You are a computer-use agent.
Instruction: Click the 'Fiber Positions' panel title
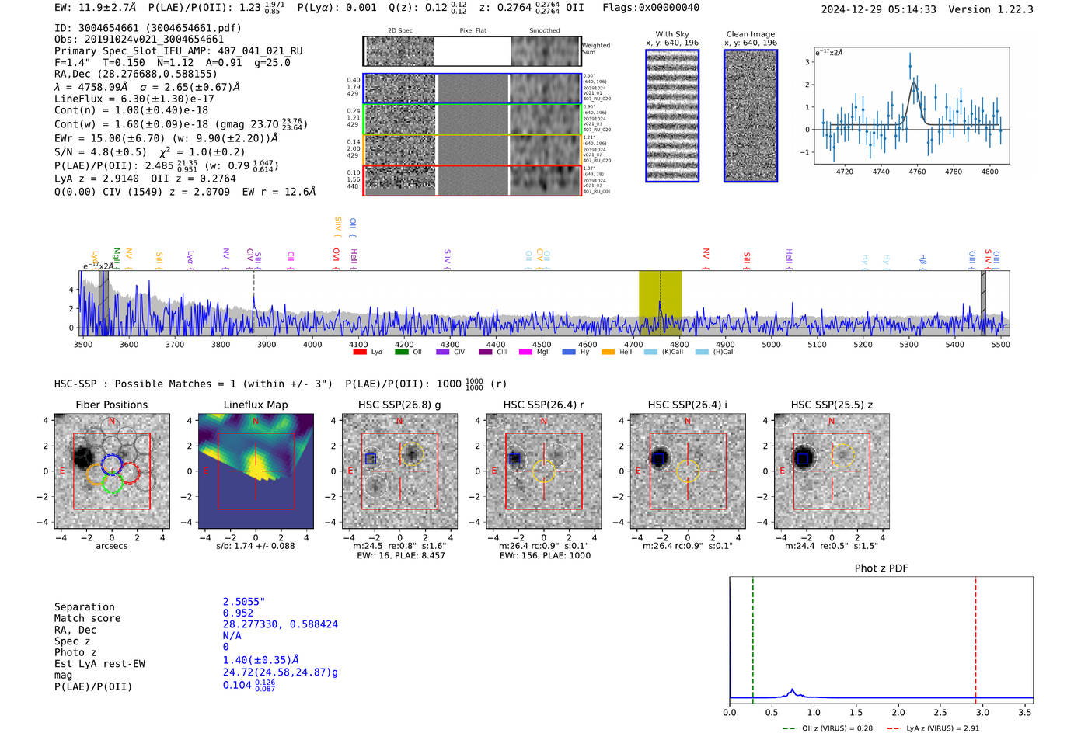pos(111,405)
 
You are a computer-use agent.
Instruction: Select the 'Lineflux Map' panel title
pos(255,405)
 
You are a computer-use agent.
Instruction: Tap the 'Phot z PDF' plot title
pos(881,568)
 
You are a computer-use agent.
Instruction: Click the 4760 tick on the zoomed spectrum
pos(917,172)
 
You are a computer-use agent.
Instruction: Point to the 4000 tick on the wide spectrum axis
pos(312,345)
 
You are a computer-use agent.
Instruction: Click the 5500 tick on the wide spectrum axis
pos(1000,345)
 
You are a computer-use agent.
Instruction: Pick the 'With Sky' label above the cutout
pos(671,34)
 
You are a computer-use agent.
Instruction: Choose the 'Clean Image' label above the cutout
pos(750,34)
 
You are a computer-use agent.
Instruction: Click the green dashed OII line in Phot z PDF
pos(753,637)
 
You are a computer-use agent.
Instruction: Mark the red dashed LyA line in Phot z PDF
pos(975,637)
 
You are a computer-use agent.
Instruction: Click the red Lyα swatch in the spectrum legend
pos(360,353)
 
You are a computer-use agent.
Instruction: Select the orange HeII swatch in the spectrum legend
pos(608,353)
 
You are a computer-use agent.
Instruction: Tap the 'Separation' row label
pos(84,607)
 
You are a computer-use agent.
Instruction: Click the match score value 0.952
pos(238,613)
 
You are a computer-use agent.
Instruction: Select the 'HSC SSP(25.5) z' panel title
pos(832,405)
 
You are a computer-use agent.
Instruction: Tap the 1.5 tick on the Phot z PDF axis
pos(856,712)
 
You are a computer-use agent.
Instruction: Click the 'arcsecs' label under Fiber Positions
pos(111,546)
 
